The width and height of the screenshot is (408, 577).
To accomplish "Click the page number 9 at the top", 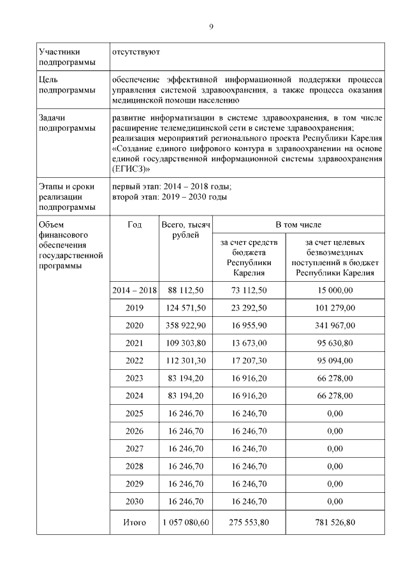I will [x=211, y=26].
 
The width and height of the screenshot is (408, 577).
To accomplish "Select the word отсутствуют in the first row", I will [x=136, y=51].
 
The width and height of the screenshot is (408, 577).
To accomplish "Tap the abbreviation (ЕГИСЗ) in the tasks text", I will [x=131, y=169].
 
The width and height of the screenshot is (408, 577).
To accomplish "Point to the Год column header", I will [x=134, y=224].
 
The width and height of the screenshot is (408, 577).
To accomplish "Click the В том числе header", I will [x=298, y=224].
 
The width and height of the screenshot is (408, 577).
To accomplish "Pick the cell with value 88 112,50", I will [x=186, y=290].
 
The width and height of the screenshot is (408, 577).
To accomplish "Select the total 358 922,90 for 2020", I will [x=186, y=325].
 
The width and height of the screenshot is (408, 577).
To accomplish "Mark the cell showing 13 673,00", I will [x=250, y=342].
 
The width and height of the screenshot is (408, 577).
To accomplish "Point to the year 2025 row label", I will [x=134, y=413].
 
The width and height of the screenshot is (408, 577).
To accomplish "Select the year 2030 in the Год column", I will [x=134, y=500].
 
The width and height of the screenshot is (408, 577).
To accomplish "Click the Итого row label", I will [x=134, y=523].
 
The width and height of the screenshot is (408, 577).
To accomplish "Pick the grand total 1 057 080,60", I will [x=186, y=523].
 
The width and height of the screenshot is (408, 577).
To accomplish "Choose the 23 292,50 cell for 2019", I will [x=250, y=307].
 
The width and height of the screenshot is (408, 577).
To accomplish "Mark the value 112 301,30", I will [x=186, y=360].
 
